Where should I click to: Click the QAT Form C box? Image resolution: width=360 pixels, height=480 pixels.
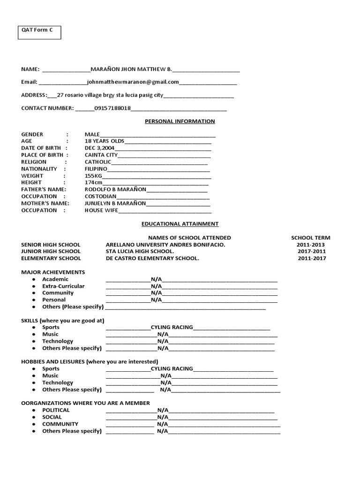click(x=39, y=32)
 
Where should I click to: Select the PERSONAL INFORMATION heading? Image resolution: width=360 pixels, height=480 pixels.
click(x=180, y=121)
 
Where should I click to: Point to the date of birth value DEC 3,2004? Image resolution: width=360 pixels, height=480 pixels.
click(x=99, y=148)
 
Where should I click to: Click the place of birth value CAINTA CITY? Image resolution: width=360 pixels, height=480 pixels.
click(x=101, y=155)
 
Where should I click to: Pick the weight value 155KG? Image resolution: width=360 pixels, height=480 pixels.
click(x=93, y=176)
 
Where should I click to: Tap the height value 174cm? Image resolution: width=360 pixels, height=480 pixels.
click(x=93, y=182)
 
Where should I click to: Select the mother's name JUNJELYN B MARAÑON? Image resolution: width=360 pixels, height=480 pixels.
click(x=115, y=203)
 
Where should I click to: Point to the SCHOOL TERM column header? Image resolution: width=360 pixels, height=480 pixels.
click(x=310, y=238)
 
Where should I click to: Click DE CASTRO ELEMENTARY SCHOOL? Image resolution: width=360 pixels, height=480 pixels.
click(x=152, y=258)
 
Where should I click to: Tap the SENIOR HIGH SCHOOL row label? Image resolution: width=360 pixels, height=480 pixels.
click(x=51, y=245)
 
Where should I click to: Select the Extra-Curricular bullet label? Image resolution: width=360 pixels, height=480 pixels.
click(x=63, y=286)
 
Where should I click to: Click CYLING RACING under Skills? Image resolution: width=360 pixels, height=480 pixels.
click(x=172, y=327)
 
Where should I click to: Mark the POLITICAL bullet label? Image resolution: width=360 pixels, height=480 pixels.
click(x=56, y=410)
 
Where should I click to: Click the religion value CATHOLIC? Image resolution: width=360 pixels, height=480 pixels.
click(x=98, y=162)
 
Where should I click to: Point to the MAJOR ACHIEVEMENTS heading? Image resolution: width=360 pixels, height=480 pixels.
click(x=53, y=272)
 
